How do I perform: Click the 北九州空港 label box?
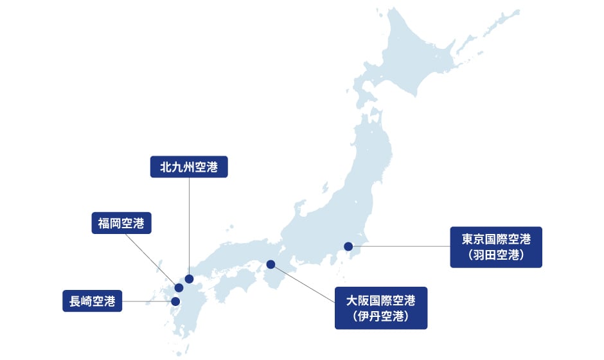coord(189,167)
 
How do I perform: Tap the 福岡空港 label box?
coord(121,223)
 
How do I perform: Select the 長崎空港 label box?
coord(93,301)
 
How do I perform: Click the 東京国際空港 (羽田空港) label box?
coord(496,247)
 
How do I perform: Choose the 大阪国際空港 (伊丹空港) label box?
coord(381,308)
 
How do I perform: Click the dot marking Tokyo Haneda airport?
coord(348,246)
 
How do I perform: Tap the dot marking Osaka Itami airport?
coord(271,264)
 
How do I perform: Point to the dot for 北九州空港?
coord(189,279)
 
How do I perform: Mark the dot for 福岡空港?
coord(179,287)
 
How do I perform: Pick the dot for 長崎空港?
coord(175,301)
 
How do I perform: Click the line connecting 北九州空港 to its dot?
coord(189,225)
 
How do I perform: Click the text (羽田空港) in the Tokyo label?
coord(496,255)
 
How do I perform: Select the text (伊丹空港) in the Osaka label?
coord(381,316)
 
